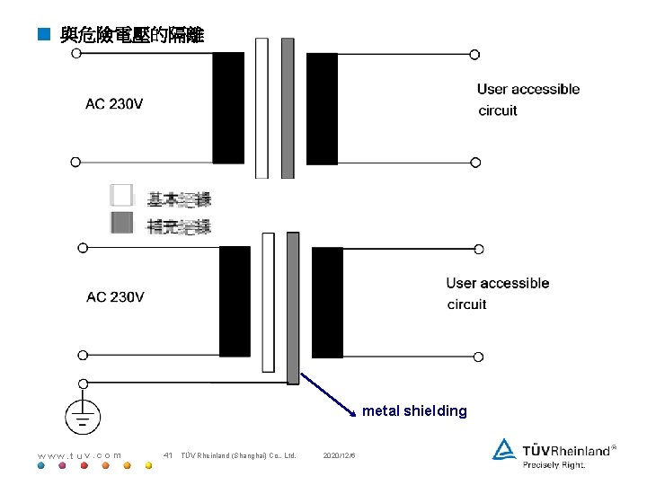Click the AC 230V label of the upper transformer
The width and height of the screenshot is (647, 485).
pyautogui.click(x=114, y=104)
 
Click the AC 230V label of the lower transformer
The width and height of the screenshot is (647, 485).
pyautogui.click(x=115, y=297)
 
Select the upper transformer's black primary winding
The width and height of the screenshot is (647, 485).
pyautogui.click(x=228, y=107)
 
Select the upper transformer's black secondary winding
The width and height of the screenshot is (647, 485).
pyautogui.click(x=322, y=107)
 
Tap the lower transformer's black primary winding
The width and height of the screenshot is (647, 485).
pyautogui.click(x=235, y=301)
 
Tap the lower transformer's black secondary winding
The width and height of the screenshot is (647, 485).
pyautogui.click(x=327, y=302)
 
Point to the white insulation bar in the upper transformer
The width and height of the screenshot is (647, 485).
pyautogui.click(x=261, y=108)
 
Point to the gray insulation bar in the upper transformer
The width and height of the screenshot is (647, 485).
pyautogui.click(x=288, y=108)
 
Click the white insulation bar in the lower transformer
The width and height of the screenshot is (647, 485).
pyautogui.click(x=268, y=302)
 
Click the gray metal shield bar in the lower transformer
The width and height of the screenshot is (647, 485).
pyautogui.click(x=293, y=305)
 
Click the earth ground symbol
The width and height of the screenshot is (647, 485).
pyautogui.click(x=83, y=415)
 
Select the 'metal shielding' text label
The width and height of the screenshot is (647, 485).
pyautogui.click(x=414, y=411)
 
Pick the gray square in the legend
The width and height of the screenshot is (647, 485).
pyautogui.click(x=121, y=224)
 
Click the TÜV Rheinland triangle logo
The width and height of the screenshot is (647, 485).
pyautogui.click(x=504, y=449)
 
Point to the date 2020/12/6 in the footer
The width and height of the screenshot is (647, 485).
pyautogui.click(x=340, y=455)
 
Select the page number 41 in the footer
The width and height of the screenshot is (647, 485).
pyautogui.click(x=168, y=455)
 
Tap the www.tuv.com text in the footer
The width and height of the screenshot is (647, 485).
pyautogui.click(x=79, y=455)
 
